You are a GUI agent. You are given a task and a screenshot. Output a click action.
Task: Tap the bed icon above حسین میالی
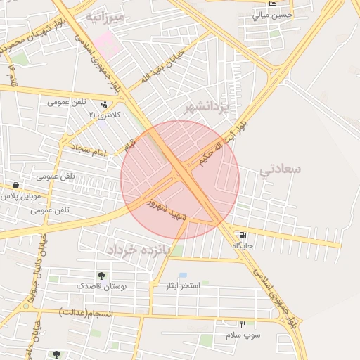coord(274,4)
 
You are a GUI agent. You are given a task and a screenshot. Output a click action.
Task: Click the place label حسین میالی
coord(273,14)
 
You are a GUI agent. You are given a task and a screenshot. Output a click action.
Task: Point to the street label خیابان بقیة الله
coord(162,67)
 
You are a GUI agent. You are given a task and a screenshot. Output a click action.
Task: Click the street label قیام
coord(130,146)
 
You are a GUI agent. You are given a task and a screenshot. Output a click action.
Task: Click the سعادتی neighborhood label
coord(280,169)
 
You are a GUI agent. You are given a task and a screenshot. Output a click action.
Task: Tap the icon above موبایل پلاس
coord(15,186)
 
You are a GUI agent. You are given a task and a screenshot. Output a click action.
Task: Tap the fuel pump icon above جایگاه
coord(243,236)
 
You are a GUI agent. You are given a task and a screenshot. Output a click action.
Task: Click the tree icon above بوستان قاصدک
coord(102,276)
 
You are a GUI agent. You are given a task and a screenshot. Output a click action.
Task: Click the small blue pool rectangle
coord(183,275)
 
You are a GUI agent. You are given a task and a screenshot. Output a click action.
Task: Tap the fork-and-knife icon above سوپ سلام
coord(243,324)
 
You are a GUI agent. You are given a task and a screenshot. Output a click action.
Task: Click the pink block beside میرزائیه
coord(107,42)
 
